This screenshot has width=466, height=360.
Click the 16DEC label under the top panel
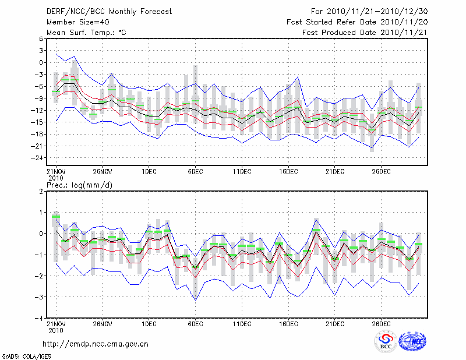(288, 171)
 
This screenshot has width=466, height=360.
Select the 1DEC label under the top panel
(149, 171)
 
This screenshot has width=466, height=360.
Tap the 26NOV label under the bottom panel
(102, 324)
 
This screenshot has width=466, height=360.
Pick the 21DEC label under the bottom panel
(335, 324)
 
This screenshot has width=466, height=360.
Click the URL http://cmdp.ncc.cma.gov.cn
(96, 344)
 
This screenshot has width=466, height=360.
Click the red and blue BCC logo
(386, 341)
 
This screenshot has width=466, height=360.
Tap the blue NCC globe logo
(412, 342)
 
